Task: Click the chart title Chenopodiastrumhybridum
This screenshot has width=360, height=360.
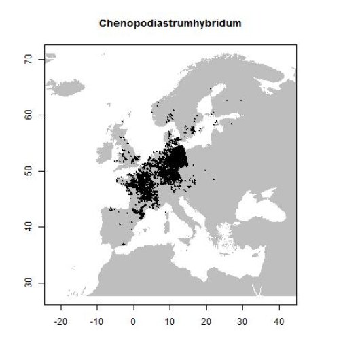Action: coord(170,24)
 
